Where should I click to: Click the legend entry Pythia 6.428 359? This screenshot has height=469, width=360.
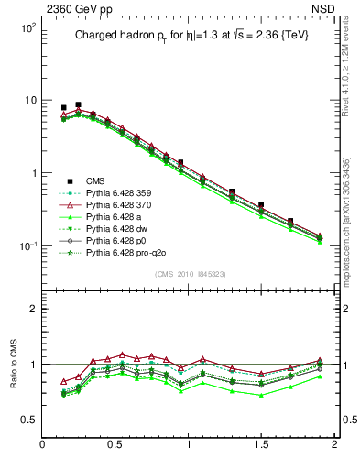115,193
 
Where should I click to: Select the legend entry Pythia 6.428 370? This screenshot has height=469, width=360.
115,206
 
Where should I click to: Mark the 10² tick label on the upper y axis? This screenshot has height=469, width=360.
27,27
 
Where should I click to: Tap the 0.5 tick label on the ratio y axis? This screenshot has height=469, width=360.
27,420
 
